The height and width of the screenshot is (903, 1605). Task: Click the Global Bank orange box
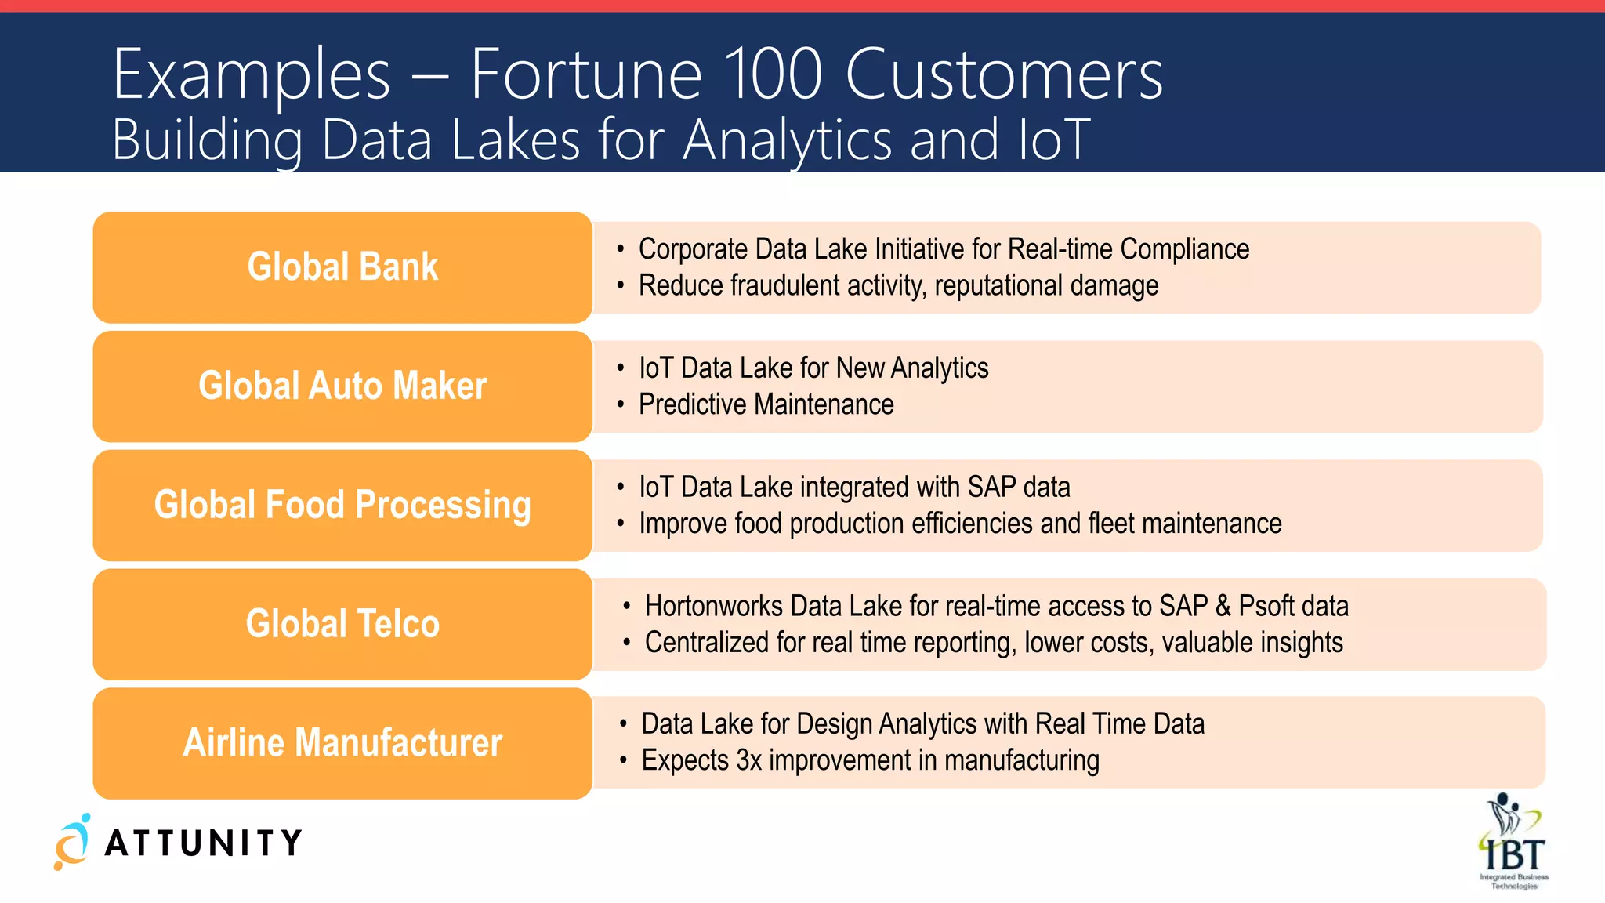point(342,267)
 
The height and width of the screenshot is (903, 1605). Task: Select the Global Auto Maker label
point(342,386)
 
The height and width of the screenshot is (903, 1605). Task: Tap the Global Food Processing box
point(342,505)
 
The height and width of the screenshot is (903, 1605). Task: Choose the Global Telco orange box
point(342,624)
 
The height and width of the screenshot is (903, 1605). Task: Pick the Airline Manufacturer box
point(342,743)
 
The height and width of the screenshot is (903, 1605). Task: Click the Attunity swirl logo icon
point(72,842)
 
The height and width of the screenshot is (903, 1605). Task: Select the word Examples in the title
point(251,74)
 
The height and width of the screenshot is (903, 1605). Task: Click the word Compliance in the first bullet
point(1184,249)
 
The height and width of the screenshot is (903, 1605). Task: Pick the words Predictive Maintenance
point(766,404)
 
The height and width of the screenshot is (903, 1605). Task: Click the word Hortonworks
point(713,606)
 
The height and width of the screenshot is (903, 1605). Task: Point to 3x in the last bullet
point(748,760)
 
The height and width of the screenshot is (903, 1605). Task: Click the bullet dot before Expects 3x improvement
point(624,760)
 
